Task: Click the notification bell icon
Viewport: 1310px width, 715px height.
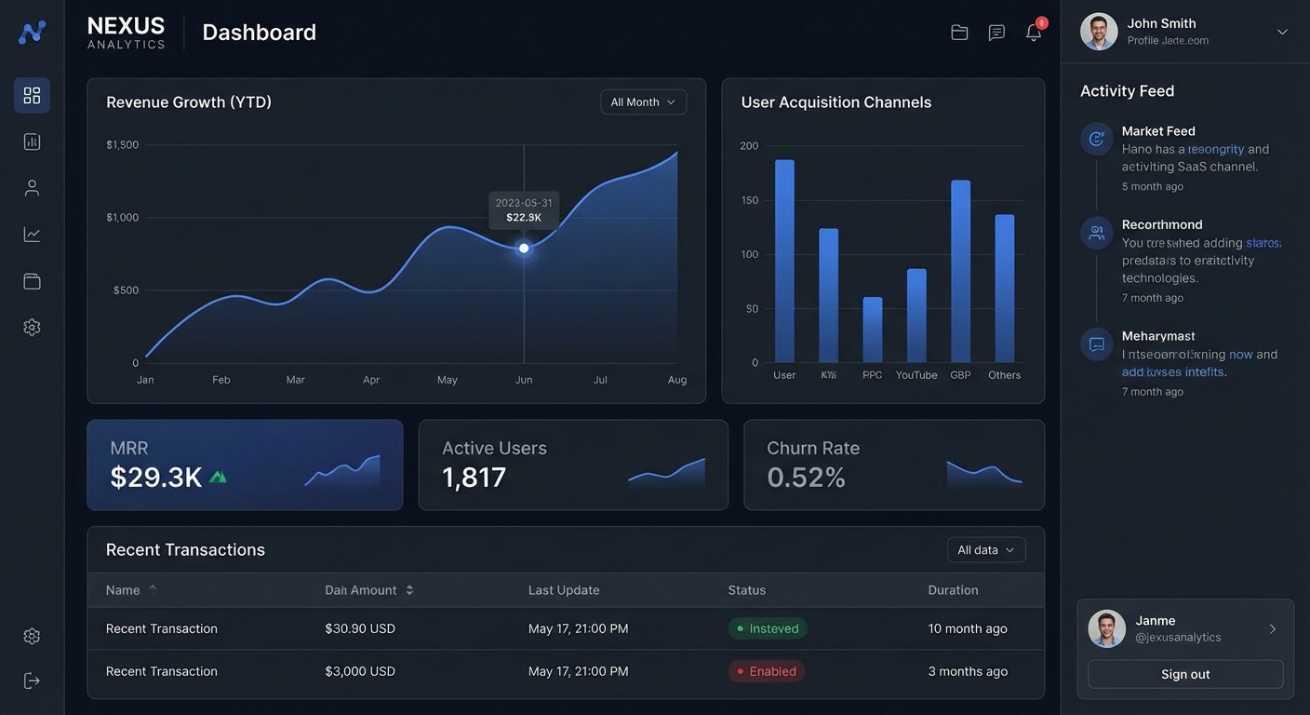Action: [x=1034, y=33]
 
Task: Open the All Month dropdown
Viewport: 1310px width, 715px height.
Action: [x=643, y=102]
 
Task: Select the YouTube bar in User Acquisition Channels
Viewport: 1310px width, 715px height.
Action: [x=916, y=316]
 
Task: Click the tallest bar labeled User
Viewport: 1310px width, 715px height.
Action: [x=784, y=261]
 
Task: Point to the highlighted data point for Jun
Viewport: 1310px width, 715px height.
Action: [x=524, y=249]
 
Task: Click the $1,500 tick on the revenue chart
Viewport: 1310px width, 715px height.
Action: [x=122, y=145]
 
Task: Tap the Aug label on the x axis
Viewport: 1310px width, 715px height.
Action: [x=676, y=380]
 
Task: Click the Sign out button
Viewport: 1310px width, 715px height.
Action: [x=1185, y=674]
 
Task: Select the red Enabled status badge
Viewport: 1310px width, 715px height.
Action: [x=767, y=671]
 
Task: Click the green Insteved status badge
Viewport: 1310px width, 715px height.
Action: [x=768, y=628]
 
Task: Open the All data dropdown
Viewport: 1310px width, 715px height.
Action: [x=986, y=550]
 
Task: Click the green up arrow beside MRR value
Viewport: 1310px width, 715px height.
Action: [x=218, y=478]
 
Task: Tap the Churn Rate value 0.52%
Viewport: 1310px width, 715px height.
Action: [x=806, y=478]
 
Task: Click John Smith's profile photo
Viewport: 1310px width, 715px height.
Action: [x=1098, y=32]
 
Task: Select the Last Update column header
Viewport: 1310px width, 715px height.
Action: [x=564, y=590]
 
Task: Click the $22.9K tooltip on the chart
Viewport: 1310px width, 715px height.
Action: [x=524, y=210]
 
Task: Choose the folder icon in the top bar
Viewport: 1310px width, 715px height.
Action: [x=959, y=33]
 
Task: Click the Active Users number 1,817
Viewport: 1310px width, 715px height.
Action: [x=474, y=478]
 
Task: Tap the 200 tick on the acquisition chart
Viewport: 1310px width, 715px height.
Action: [x=749, y=146]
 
